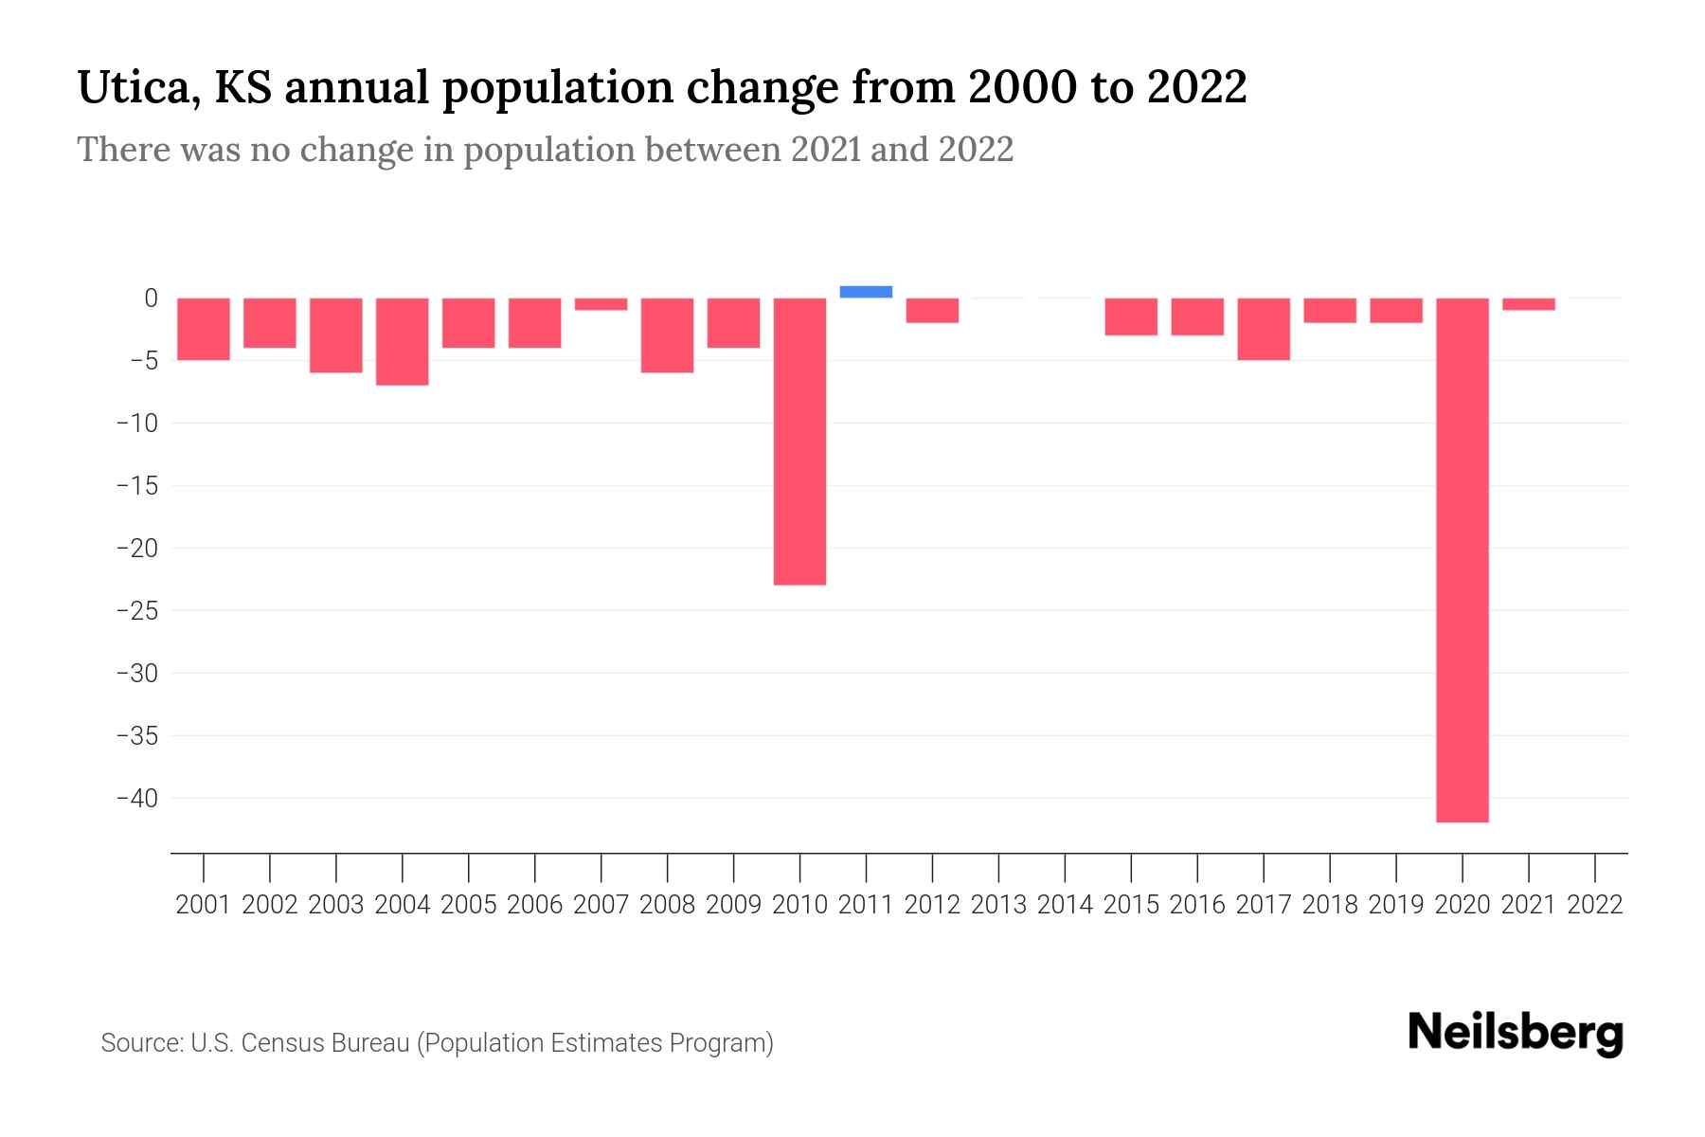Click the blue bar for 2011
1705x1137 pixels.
866,292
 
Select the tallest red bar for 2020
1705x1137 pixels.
1462,559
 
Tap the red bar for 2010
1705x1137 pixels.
799,442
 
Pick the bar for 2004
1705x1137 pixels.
403,341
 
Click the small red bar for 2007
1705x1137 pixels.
601,304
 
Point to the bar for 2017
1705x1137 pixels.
1264,329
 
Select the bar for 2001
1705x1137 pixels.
204,329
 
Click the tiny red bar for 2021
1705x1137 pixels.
1528,304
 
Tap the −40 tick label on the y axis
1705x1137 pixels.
137,798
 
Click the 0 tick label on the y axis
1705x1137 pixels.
151,298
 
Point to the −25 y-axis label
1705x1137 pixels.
137,610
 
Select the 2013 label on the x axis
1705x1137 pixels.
998,905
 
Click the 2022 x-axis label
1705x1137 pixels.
1595,905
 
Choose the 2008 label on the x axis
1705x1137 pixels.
667,905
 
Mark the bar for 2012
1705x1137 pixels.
932,311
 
